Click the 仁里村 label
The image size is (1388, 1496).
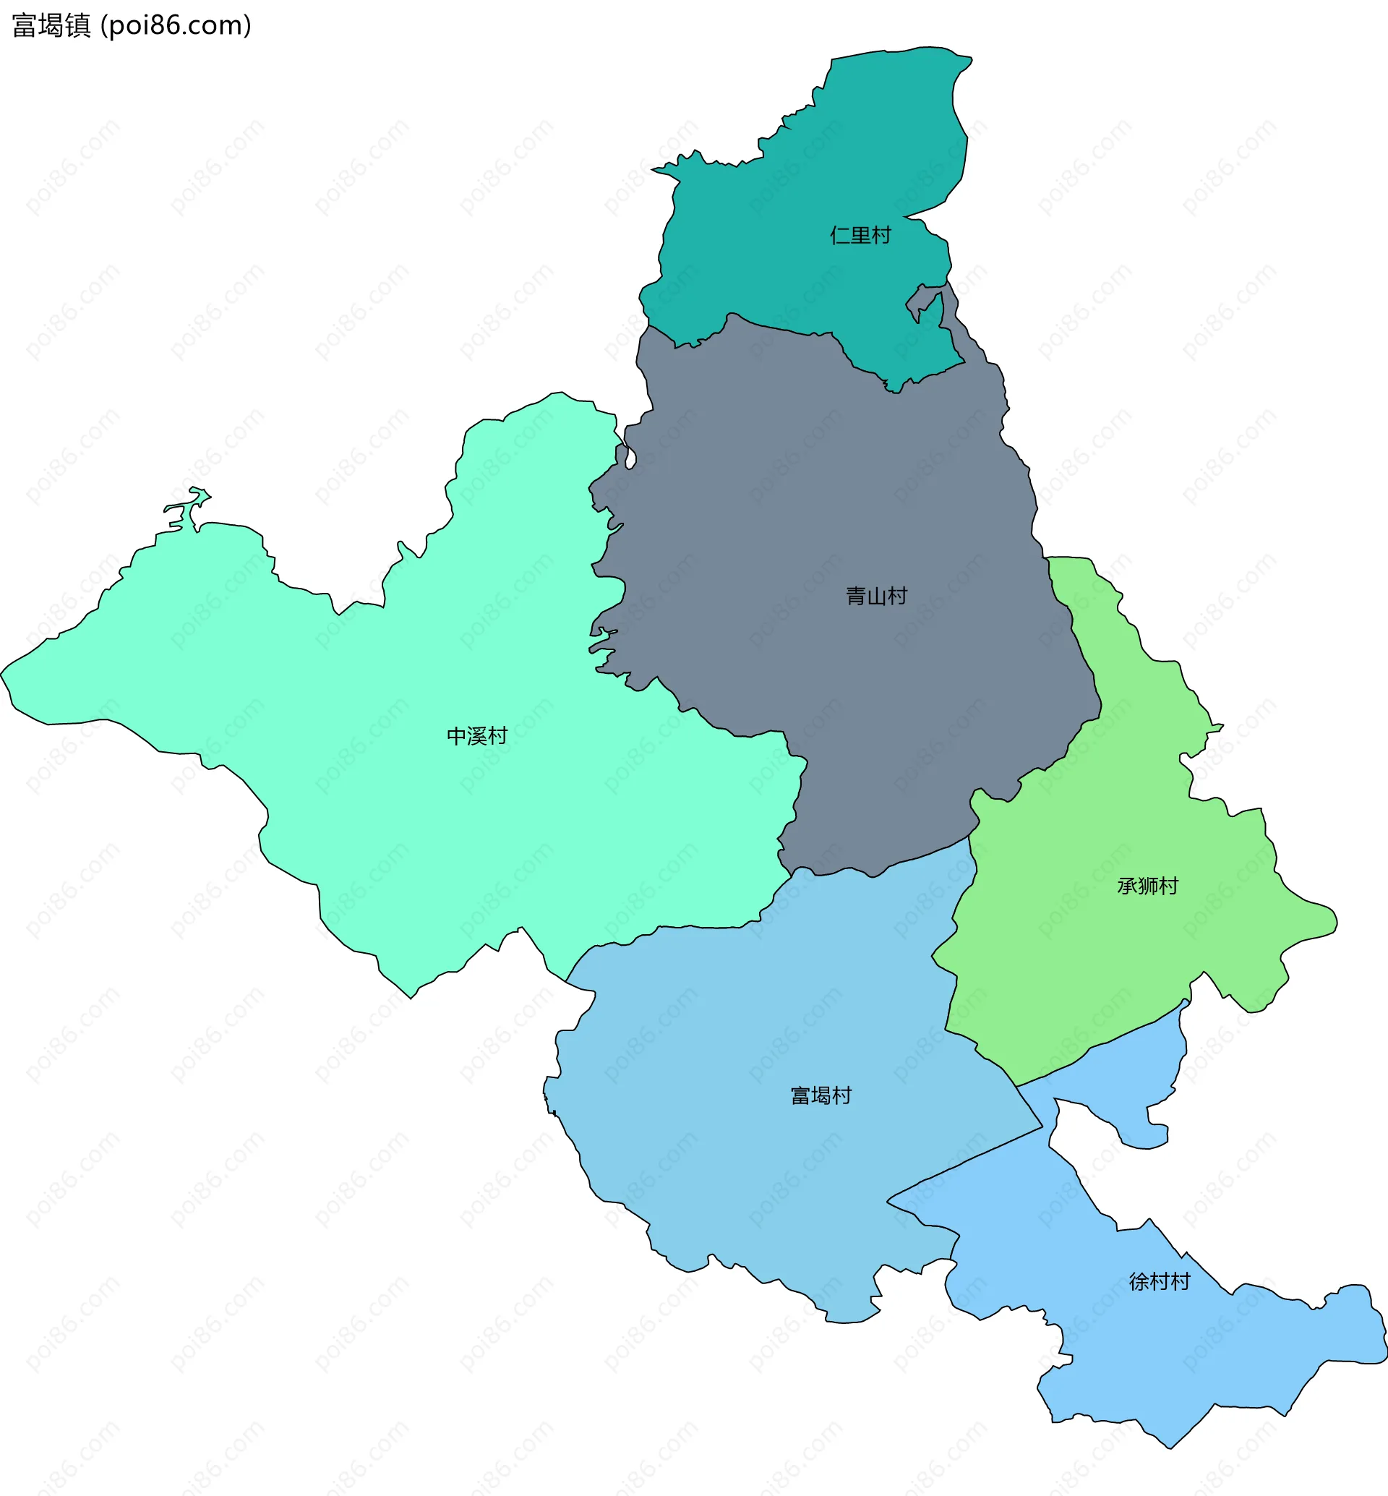click(x=860, y=235)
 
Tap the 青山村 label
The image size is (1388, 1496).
click(x=876, y=597)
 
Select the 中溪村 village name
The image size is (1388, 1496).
click(x=477, y=736)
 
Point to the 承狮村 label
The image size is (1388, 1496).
click(x=1148, y=886)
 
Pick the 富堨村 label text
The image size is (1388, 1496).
click(x=821, y=1096)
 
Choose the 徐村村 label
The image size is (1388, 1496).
click(x=1160, y=1282)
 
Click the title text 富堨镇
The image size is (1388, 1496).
click(x=51, y=25)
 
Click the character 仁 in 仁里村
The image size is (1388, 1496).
click(x=840, y=235)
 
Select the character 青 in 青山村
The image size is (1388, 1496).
click(x=856, y=597)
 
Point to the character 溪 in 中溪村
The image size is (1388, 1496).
click(x=477, y=736)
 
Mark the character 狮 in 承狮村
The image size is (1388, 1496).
click(x=1148, y=886)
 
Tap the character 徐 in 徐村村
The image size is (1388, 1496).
click(x=1139, y=1282)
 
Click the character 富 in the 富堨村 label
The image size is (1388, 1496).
click(x=801, y=1096)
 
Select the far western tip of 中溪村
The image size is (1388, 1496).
click(x=3, y=672)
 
